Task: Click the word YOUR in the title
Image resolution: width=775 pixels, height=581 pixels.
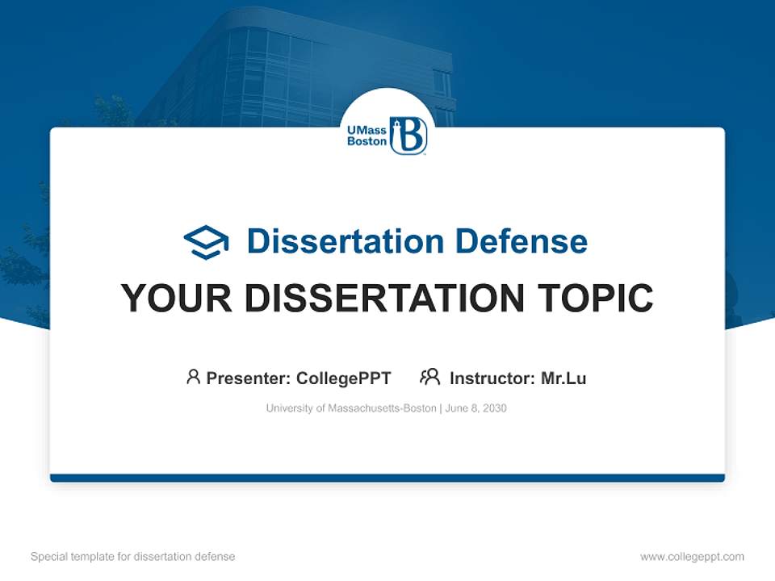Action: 177,299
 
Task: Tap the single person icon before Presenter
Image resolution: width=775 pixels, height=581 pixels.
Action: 193,377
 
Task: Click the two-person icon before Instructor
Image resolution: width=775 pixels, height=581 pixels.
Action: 429,377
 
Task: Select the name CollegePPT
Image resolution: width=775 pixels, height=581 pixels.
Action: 344,378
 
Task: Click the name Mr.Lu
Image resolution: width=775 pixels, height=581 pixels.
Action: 563,378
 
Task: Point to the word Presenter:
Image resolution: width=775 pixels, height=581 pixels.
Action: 249,378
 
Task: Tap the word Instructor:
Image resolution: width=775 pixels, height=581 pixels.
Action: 492,378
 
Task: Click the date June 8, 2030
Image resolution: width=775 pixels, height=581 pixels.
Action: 476,408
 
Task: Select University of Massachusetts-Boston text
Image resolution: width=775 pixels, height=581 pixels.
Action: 351,408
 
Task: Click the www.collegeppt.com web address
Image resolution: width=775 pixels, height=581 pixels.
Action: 692,557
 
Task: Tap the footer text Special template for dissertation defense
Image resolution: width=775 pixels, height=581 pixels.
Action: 133,557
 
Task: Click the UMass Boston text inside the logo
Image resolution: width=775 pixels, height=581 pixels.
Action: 367,135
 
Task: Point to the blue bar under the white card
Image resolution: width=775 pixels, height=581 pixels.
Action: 387,478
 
